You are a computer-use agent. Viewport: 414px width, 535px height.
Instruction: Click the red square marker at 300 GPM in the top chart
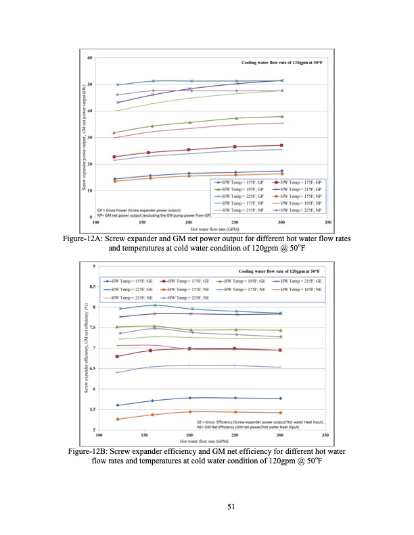pos(281,145)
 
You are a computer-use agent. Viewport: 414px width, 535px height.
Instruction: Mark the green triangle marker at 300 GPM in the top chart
pos(281,116)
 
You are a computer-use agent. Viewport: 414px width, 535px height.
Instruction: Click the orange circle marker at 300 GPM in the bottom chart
pos(280,413)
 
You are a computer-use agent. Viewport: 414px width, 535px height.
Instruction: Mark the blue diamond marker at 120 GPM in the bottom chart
pos(118,405)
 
